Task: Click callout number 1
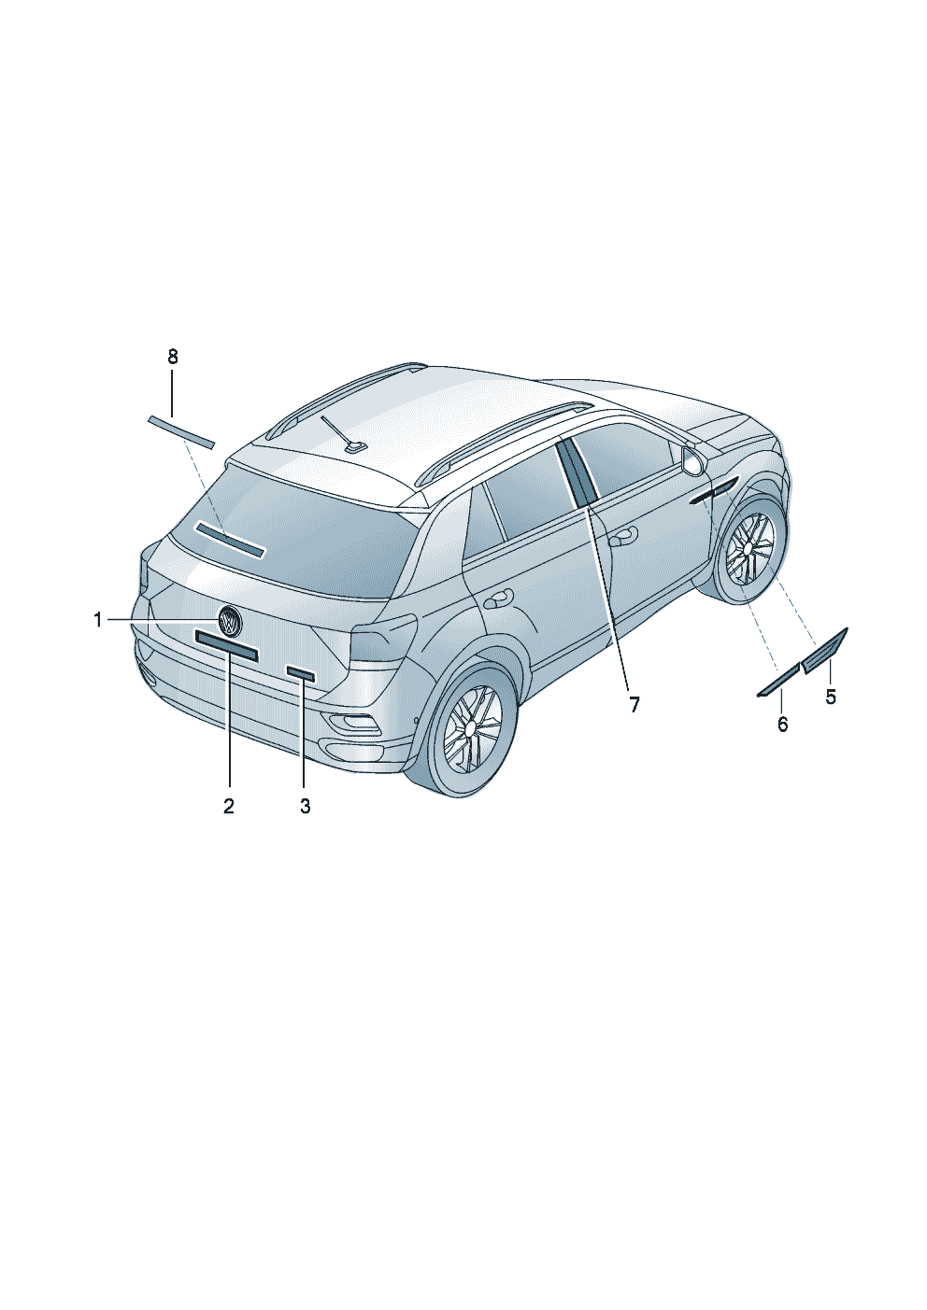97,620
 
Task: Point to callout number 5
830,696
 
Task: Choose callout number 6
782,724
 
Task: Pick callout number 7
634,704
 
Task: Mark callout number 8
172,356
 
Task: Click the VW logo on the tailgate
229,620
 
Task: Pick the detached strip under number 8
181,430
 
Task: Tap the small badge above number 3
301,673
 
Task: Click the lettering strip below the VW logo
226,645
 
